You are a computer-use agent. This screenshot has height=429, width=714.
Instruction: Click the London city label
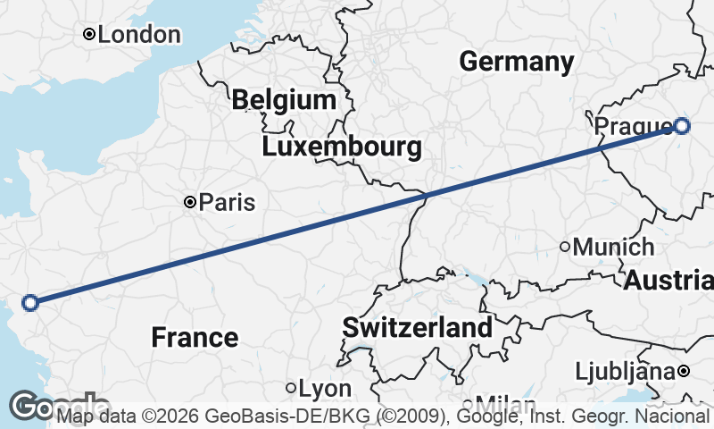coord(138,35)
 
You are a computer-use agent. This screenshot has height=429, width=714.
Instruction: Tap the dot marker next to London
coord(89,35)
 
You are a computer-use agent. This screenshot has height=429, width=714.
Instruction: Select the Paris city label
coord(227,203)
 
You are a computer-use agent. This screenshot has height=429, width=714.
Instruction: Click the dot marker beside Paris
coord(189,203)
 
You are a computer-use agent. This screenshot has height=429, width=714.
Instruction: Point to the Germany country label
coord(517,62)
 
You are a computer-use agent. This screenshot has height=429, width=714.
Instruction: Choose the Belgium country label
coord(284,99)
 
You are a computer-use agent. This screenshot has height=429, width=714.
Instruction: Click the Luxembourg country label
coord(342,147)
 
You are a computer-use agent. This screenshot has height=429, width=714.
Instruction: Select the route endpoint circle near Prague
coord(682,126)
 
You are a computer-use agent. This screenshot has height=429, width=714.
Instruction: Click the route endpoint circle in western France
coord(29,303)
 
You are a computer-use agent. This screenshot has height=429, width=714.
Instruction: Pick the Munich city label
coord(614,247)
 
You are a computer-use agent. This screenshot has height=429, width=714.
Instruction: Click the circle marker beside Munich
coord(565,247)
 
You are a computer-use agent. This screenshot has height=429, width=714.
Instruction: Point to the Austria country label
coord(668,280)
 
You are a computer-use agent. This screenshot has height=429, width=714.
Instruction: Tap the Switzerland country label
coord(417,327)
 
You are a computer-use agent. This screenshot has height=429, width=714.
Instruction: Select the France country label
coord(195,338)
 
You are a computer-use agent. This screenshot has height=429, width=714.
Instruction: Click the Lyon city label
coord(325,389)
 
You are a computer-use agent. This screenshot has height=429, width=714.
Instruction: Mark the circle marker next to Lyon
coord(291,388)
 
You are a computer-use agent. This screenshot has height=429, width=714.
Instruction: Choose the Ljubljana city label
coord(624,370)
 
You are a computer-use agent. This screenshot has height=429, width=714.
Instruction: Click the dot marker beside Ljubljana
coord(683,370)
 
